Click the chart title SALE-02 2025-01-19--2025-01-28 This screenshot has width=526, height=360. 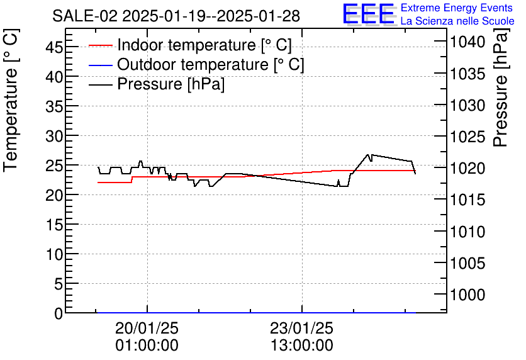[x=176, y=16]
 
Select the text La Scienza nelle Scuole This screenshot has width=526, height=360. [x=457, y=21]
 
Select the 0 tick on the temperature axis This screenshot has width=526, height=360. [x=59, y=313]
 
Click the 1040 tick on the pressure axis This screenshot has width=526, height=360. [x=466, y=42]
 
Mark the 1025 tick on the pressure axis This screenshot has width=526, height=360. [x=466, y=137]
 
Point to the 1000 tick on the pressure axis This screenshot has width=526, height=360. [x=466, y=295]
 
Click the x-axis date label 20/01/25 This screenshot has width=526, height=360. [x=147, y=329]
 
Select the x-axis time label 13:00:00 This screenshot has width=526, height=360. [x=301, y=346]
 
